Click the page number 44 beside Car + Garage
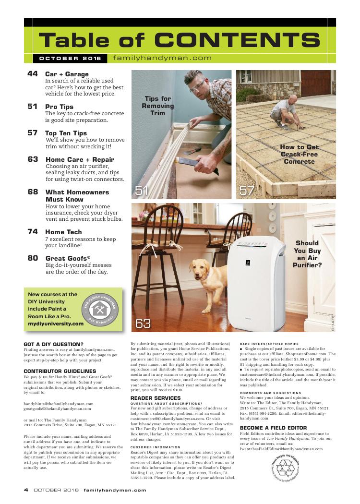(33, 74)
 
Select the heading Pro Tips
(59, 107)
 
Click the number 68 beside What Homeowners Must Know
(33, 192)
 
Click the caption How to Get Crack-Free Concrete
(299, 155)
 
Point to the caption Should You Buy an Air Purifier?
(307, 253)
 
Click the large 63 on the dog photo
(143, 323)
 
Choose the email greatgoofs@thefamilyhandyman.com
(57, 409)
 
